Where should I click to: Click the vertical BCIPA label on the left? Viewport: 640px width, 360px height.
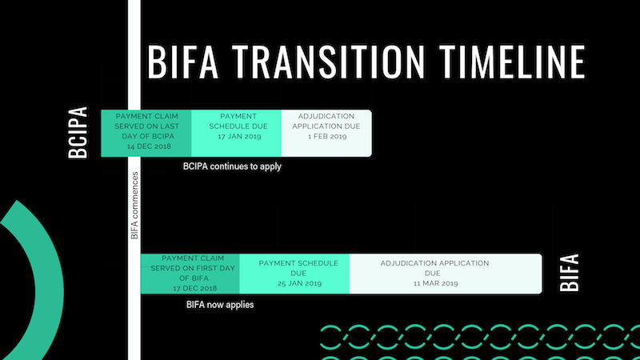(78, 134)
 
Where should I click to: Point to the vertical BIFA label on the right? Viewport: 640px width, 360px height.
(569, 273)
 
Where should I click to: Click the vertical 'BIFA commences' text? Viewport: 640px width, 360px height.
(134, 206)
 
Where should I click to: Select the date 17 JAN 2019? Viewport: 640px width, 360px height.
(236, 137)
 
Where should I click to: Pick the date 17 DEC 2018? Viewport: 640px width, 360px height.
(190, 288)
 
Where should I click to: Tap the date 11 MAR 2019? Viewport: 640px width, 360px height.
(434, 283)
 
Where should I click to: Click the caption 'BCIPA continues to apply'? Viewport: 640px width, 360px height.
(232, 166)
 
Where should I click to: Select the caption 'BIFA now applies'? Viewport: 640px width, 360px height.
(220, 305)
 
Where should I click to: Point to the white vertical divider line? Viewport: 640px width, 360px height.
(134, 96)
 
